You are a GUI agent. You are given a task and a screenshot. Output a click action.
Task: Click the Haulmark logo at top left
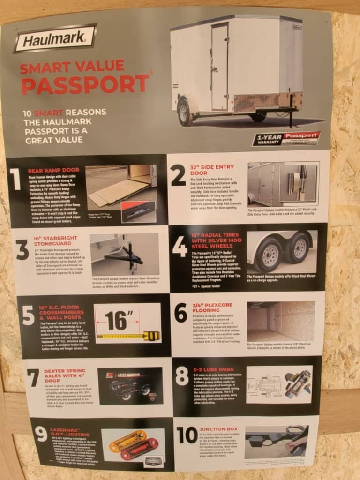pos(55,38)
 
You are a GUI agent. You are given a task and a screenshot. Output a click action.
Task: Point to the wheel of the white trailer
pos(185,113)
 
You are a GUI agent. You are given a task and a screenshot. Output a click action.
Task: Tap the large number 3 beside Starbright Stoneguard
pos(22,251)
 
